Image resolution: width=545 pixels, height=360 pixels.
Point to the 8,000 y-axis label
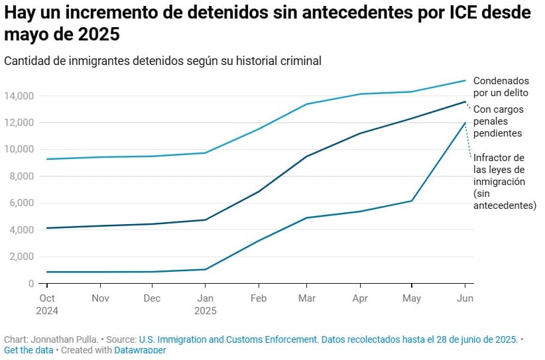pos(20,176)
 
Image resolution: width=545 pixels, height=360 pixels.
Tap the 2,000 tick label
pos(20,257)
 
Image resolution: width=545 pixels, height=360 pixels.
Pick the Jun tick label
pos(465,298)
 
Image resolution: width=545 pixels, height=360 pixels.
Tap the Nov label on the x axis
pos(100,298)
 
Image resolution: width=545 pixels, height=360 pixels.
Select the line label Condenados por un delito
pos(501,86)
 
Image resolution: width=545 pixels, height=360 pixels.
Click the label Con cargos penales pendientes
pos(498,121)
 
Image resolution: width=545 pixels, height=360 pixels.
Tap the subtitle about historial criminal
pos(162,60)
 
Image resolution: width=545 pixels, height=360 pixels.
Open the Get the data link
pos(29,350)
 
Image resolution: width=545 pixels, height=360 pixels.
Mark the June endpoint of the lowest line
pos(465,123)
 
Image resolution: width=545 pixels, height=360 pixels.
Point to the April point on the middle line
pos(361,133)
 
